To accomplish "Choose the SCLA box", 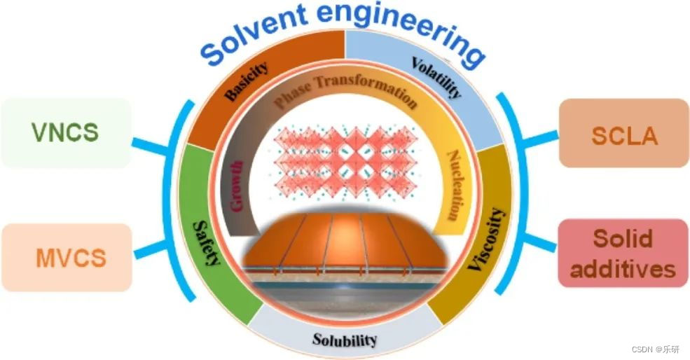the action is click(x=624, y=134).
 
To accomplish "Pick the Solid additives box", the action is click(x=624, y=254).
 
